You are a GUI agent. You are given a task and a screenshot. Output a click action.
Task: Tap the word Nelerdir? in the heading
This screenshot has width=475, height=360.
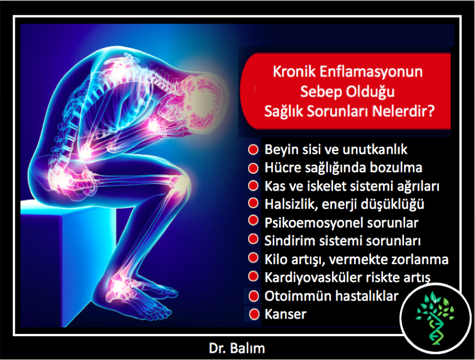point(404,111)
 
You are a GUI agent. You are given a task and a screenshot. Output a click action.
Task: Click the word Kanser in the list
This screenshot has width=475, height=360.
point(285,314)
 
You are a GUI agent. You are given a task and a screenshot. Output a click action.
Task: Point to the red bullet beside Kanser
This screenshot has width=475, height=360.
point(254,314)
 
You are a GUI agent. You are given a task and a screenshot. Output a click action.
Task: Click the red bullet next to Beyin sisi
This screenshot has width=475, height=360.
point(253,150)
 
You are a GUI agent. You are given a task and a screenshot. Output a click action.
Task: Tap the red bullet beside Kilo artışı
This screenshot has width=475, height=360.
point(253,258)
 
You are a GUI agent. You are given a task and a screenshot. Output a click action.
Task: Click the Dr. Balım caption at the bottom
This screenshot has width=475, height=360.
point(237,348)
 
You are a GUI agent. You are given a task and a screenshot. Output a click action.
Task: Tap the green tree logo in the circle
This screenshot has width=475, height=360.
point(435,318)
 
